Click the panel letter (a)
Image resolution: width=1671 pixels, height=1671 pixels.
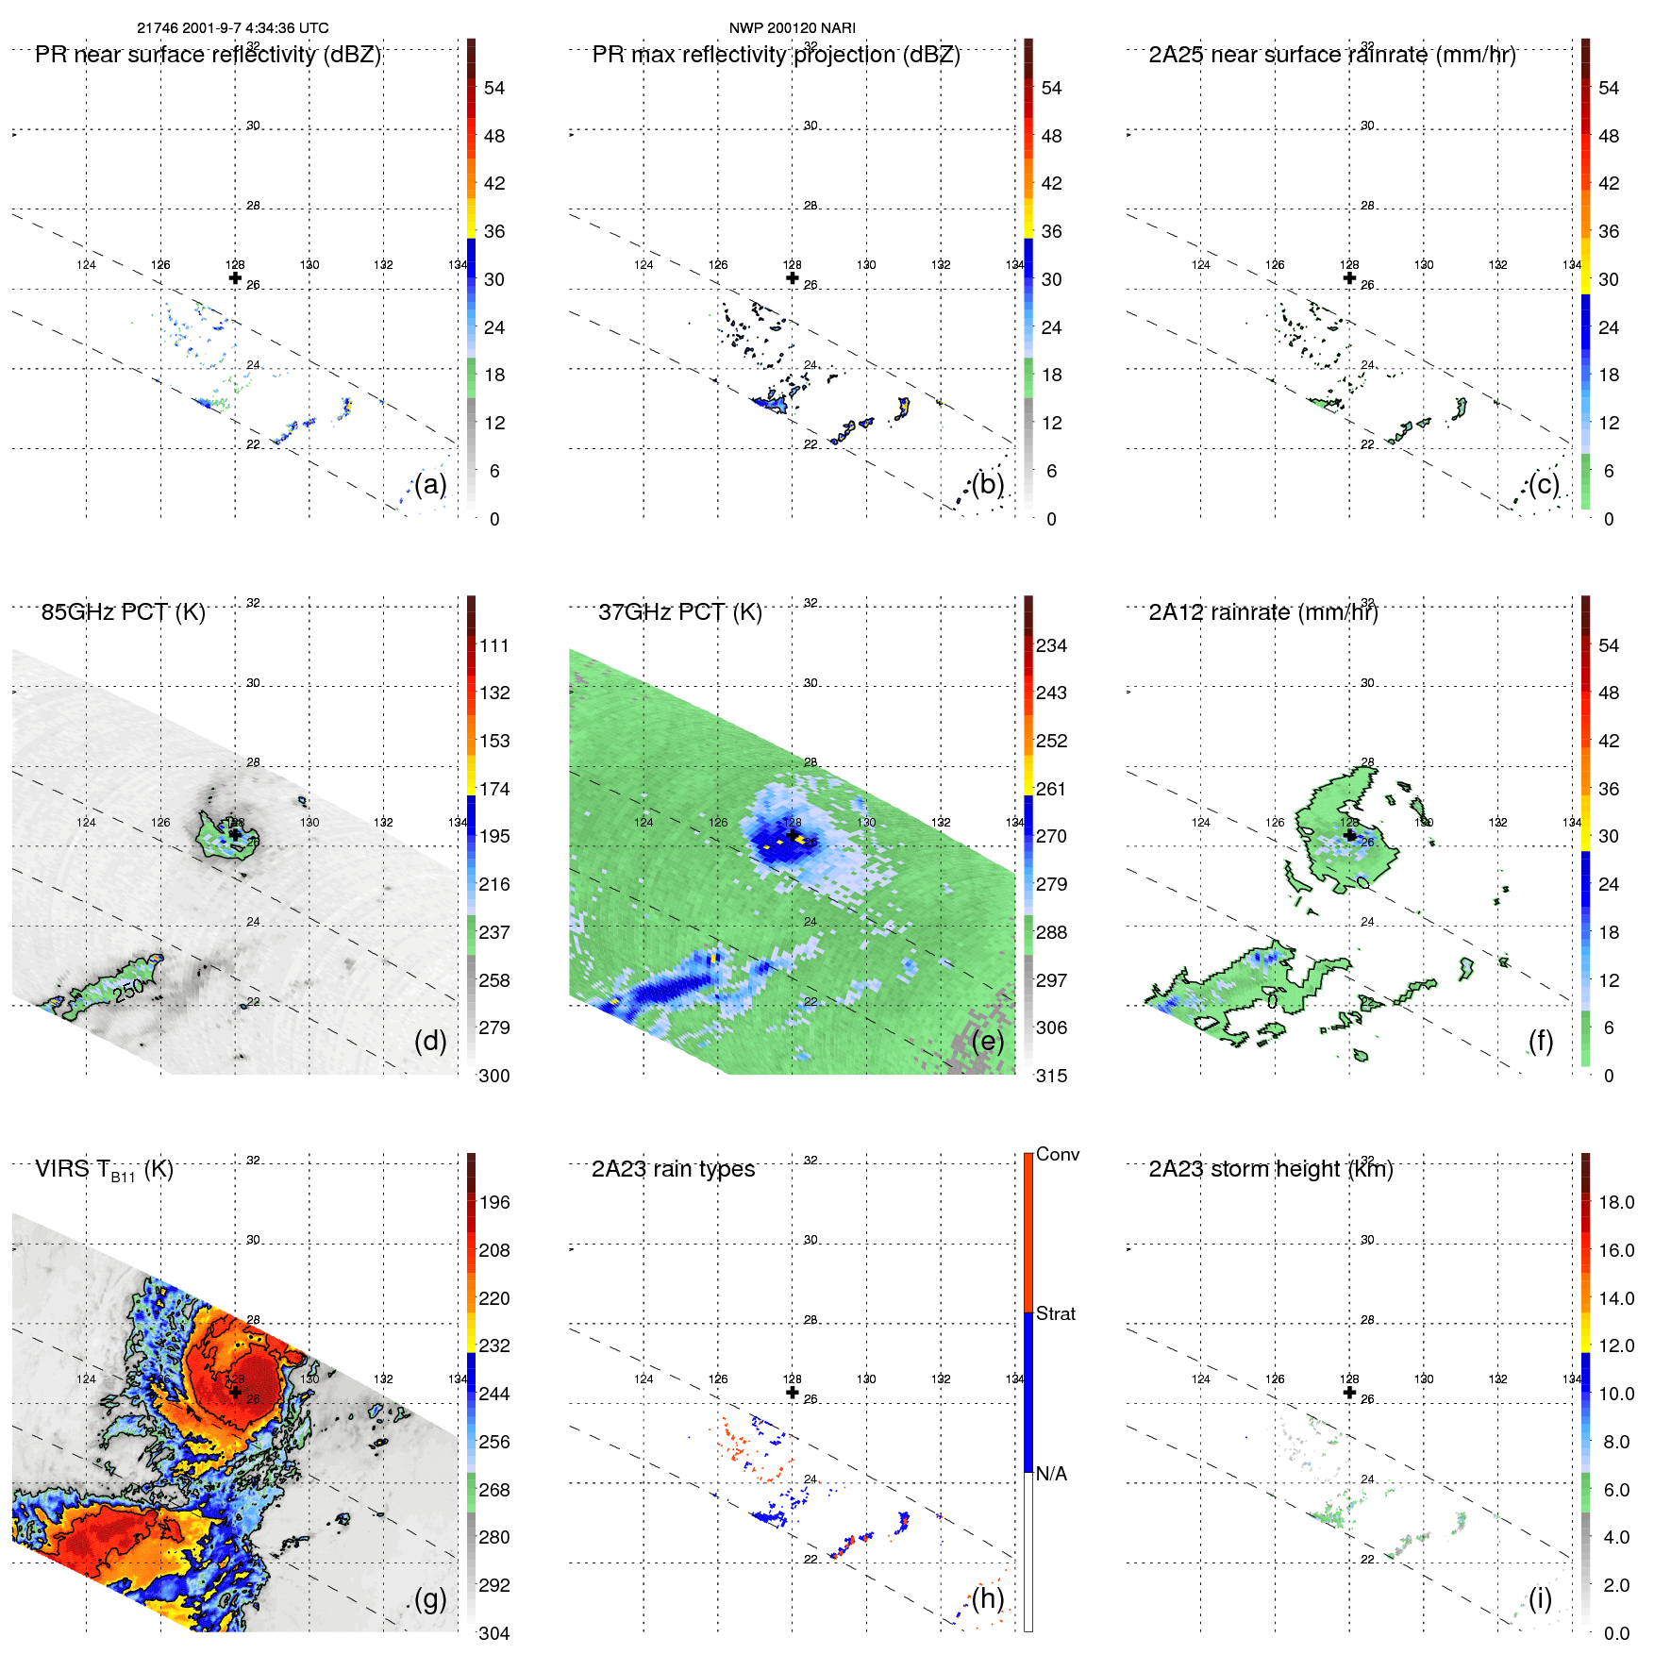click(x=429, y=484)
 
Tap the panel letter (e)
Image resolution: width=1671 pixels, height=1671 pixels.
click(x=987, y=1041)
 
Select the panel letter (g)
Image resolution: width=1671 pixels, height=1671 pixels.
click(x=429, y=1598)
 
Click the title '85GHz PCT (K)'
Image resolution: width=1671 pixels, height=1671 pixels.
click(x=123, y=611)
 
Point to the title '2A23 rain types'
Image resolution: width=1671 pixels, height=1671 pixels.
click(x=673, y=1169)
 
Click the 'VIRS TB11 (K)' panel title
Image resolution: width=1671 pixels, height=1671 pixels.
click(x=104, y=1170)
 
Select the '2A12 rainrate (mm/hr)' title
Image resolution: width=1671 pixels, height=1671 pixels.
click(x=1262, y=611)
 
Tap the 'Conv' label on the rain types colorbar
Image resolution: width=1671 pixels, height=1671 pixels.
click(x=1057, y=1154)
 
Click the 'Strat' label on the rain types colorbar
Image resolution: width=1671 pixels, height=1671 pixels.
click(x=1055, y=1313)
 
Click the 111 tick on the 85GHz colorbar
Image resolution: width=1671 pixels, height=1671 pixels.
click(x=493, y=645)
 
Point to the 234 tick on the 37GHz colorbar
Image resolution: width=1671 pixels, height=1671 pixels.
click(x=1051, y=645)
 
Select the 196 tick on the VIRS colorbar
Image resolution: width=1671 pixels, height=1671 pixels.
click(x=493, y=1202)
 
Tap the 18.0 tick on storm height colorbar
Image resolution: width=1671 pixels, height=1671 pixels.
click(x=1615, y=1202)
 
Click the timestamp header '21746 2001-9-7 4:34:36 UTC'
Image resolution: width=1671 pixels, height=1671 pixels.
click(x=232, y=28)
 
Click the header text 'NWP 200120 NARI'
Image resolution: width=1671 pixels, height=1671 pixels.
click(x=792, y=28)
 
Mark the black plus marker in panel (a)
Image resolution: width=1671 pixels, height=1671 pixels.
click(x=235, y=277)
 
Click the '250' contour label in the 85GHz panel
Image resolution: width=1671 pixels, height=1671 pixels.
click(x=128, y=989)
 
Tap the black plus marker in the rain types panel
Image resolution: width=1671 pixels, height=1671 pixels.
click(x=792, y=1392)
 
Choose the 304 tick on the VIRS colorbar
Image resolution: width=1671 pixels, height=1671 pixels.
click(x=493, y=1633)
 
